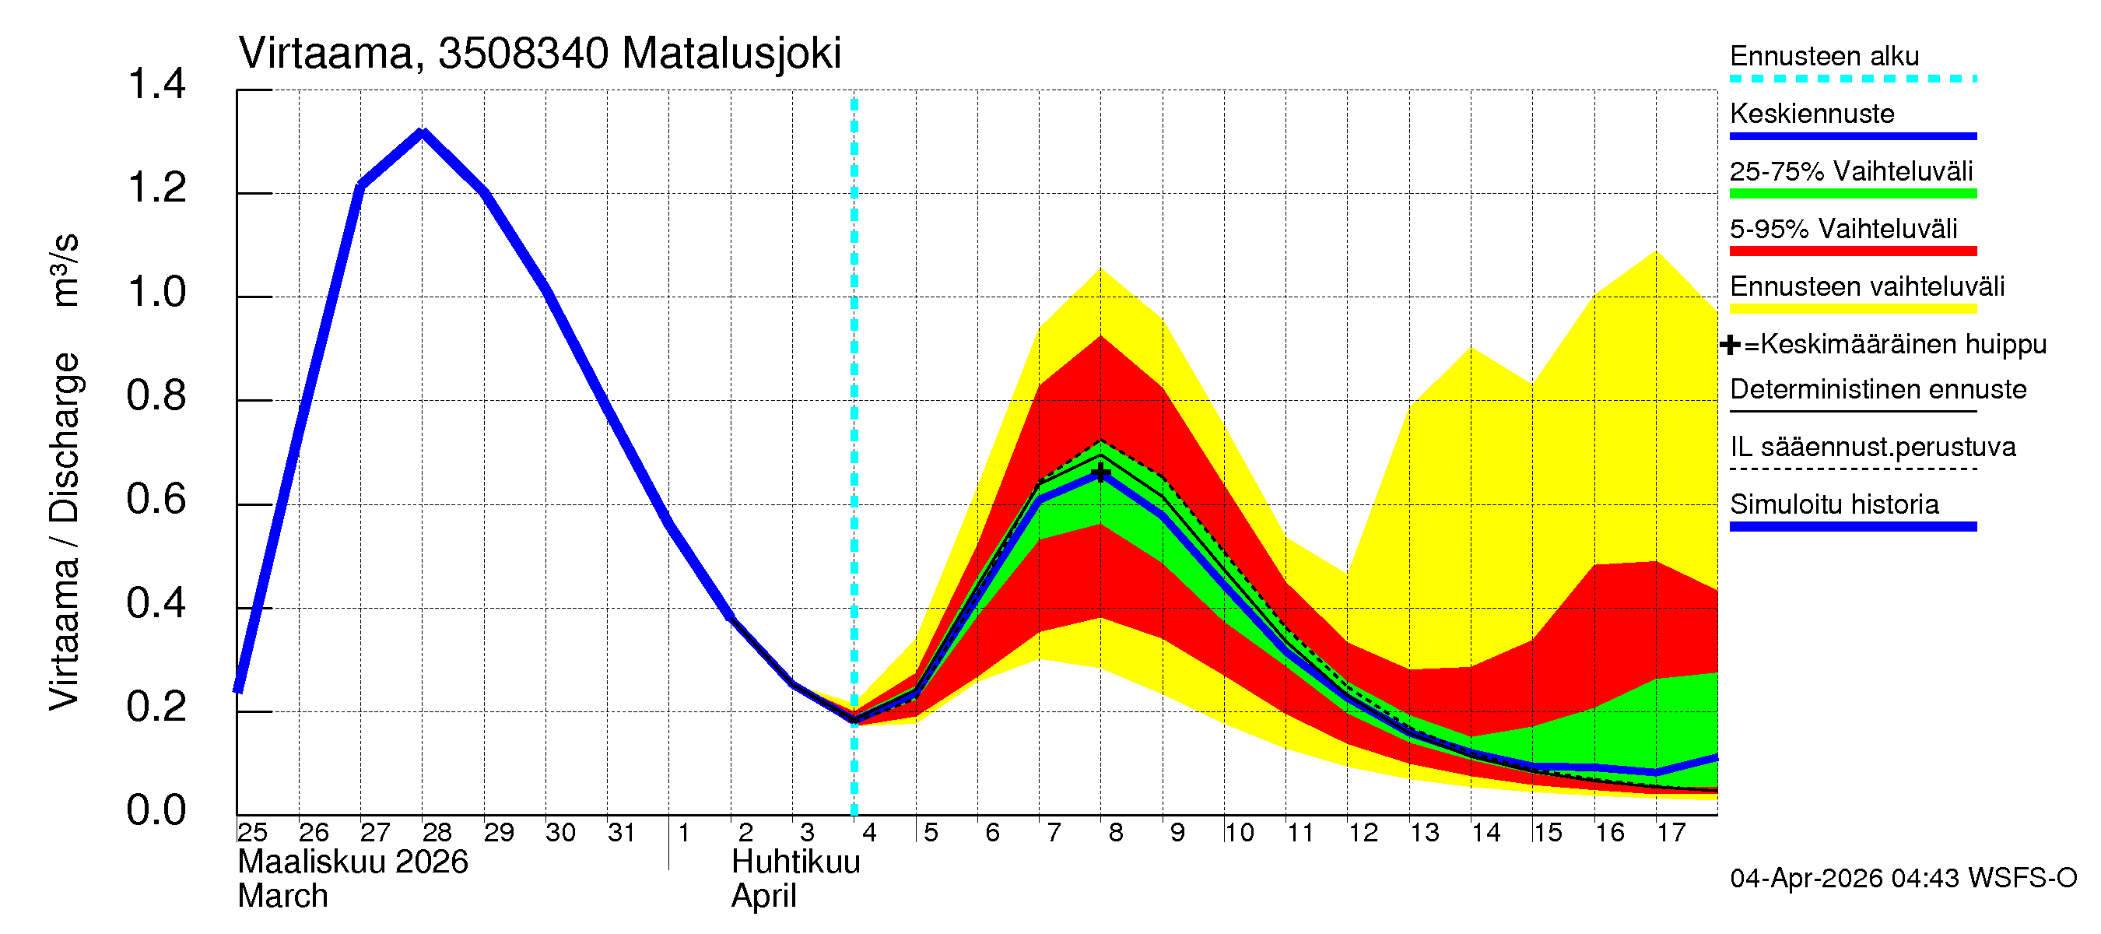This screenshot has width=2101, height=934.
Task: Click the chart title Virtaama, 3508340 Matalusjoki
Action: (x=539, y=54)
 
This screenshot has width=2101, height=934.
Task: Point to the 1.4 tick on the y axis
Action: (x=156, y=85)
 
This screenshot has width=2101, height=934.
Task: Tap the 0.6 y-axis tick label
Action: (x=156, y=500)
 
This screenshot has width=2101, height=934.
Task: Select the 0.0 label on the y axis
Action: (x=156, y=811)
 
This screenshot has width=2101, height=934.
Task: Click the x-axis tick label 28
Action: (x=437, y=833)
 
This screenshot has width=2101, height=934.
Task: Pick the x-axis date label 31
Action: (x=622, y=833)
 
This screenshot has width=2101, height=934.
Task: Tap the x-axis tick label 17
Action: (x=1671, y=833)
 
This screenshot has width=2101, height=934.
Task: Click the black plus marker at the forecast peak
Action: (x=1100, y=473)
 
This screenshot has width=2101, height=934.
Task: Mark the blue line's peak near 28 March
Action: (x=422, y=133)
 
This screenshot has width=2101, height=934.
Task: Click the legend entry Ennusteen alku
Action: (x=1824, y=56)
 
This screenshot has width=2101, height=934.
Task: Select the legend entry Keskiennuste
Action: (x=1812, y=114)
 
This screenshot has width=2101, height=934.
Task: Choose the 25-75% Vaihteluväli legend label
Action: (x=1850, y=171)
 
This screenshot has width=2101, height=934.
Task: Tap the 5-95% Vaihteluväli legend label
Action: (x=1843, y=229)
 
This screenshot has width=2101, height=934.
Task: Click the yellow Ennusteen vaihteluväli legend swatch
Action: (x=1852, y=308)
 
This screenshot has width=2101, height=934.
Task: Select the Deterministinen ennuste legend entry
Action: (x=1878, y=389)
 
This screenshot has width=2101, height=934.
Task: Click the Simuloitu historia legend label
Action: (x=1833, y=504)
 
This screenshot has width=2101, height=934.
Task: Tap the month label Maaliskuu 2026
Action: (x=353, y=862)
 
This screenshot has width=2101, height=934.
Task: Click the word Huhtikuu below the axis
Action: (x=795, y=862)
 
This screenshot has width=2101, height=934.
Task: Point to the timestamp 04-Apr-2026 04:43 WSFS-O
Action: (x=1903, y=879)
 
